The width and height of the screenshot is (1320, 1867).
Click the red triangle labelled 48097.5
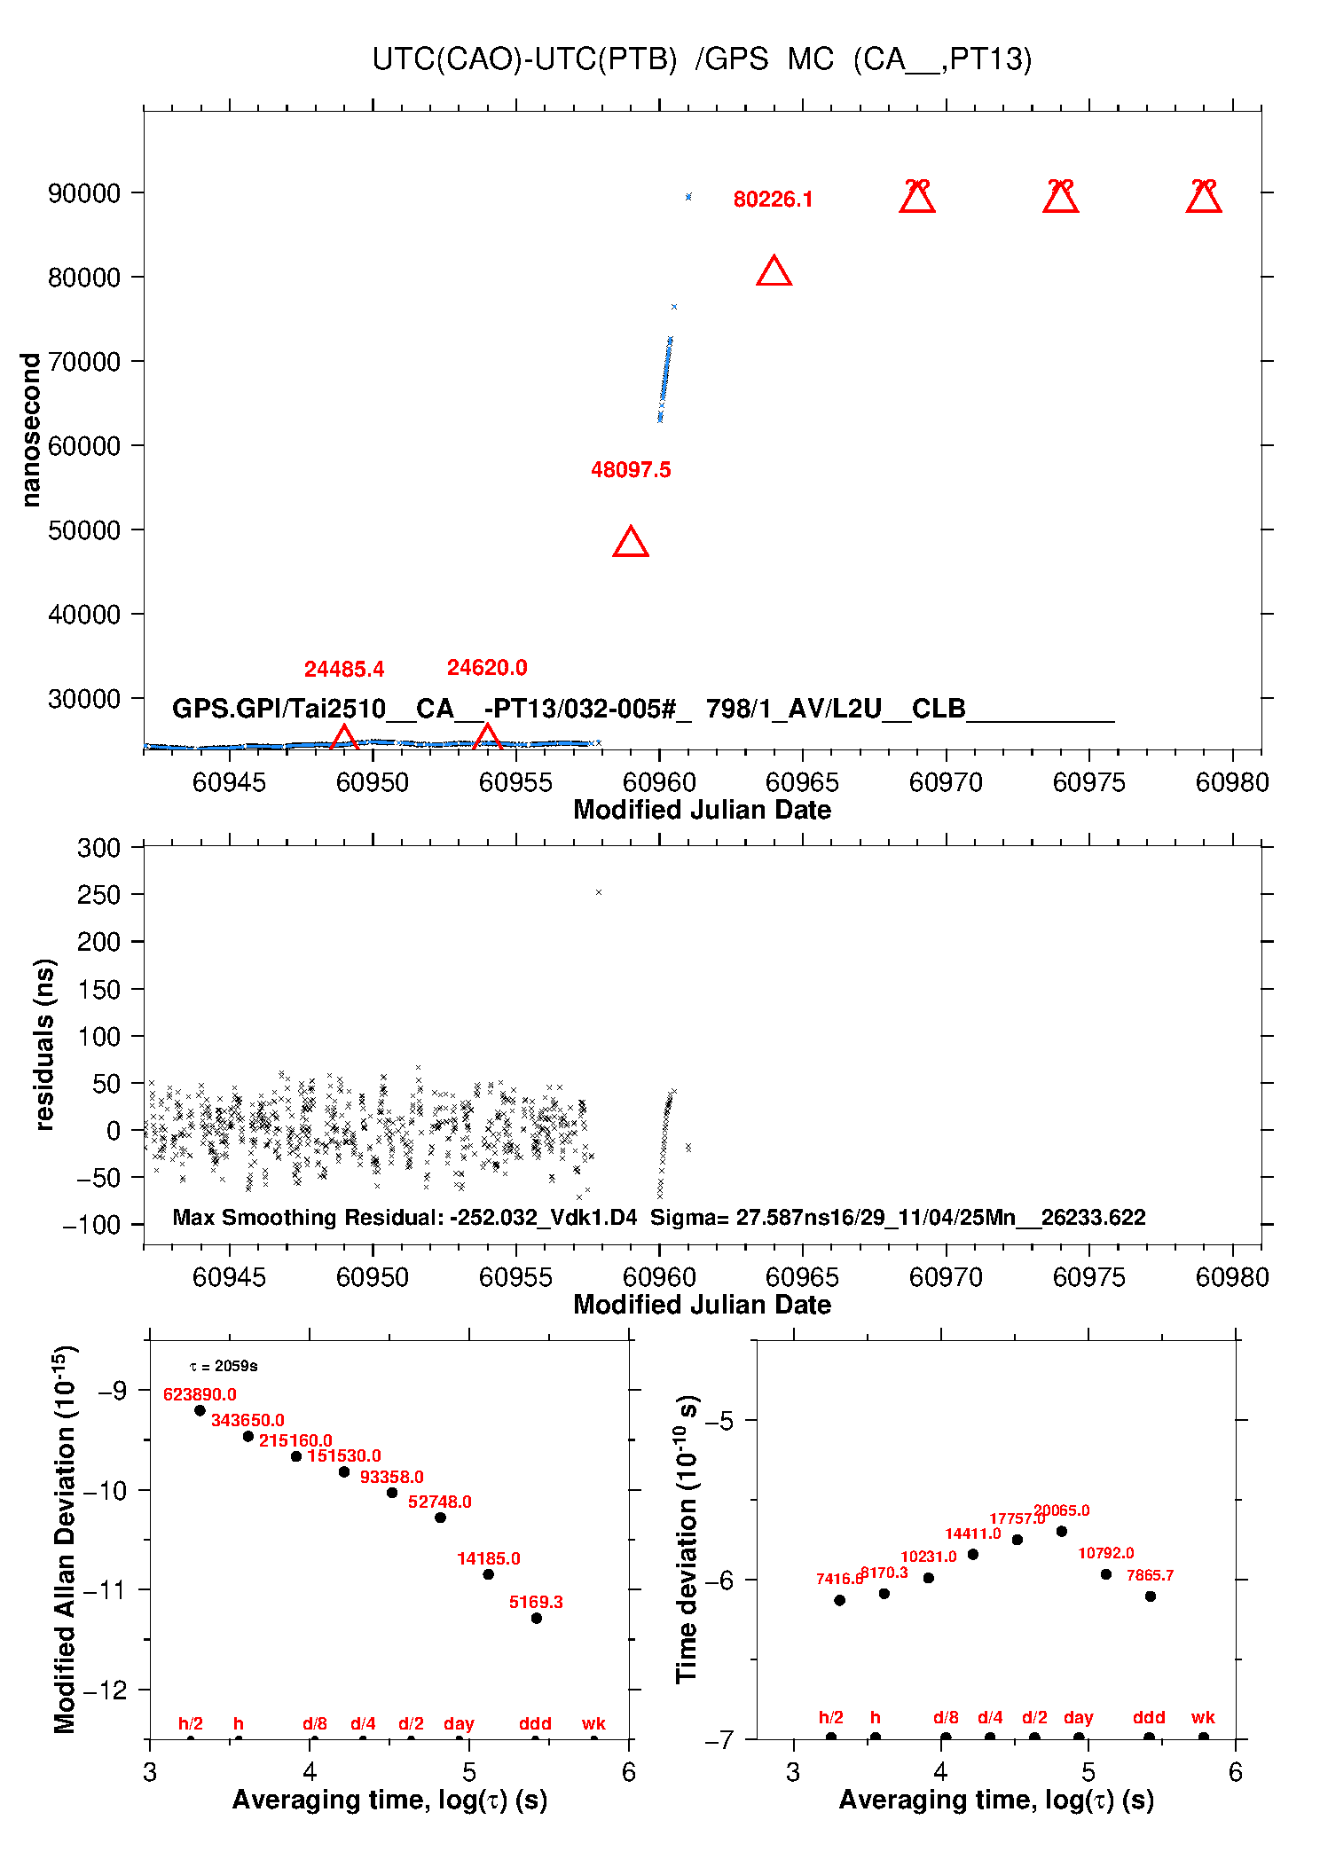631,542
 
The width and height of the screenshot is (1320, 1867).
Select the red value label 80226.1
773,200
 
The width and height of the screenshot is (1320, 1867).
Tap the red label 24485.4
344,670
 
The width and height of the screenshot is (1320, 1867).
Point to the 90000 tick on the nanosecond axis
84,193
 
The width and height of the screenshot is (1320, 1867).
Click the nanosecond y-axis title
31,429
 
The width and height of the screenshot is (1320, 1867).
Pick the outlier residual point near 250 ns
599,892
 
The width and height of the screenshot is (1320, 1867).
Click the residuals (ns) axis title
44,1044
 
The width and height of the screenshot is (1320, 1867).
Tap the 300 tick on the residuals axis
98,848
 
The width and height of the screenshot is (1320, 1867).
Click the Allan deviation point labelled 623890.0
200,1410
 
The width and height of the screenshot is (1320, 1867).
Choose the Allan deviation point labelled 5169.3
537,1618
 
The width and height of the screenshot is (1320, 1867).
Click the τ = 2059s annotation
224,1366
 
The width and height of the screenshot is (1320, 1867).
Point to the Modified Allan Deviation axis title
65,1539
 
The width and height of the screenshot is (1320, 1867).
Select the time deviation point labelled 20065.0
1062,1531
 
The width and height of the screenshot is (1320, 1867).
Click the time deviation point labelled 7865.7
1151,1596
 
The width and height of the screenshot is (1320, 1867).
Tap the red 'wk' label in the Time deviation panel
1203,1717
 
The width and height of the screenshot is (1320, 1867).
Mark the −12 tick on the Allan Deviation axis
105,1690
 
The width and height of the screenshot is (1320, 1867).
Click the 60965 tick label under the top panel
802,782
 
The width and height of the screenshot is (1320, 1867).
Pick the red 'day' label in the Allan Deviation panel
459,1723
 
